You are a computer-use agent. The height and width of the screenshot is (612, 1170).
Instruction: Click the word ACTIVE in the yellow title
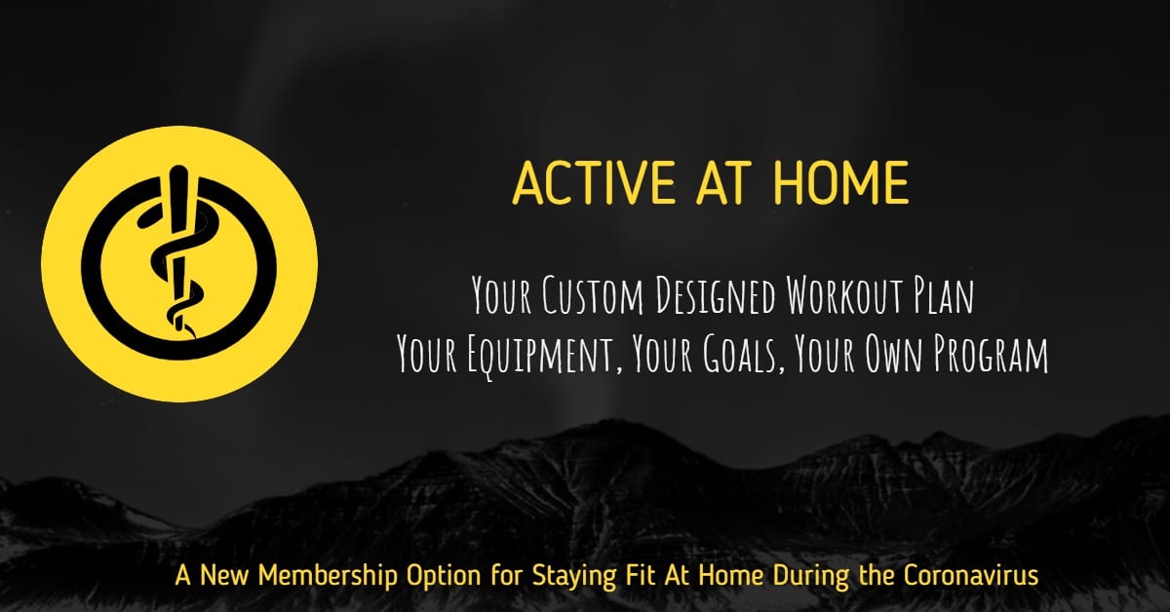click(x=594, y=183)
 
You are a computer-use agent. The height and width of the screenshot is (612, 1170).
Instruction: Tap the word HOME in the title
click(x=839, y=183)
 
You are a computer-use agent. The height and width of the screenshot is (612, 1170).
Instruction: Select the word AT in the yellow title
click(x=723, y=183)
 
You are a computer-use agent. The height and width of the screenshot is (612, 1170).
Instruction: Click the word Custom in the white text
click(x=593, y=295)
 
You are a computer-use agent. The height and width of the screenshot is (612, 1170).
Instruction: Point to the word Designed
click(x=716, y=296)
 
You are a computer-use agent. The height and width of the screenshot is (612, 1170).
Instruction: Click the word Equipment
click(x=545, y=355)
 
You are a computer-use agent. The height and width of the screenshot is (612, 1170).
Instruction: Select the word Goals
click(x=743, y=354)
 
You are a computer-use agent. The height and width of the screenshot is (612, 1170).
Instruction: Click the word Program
click(x=991, y=355)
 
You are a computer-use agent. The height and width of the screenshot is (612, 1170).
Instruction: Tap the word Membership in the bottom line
click(x=328, y=576)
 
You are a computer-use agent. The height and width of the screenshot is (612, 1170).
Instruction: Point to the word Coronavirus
click(x=971, y=575)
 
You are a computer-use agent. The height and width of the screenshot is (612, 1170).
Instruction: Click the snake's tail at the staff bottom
click(x=191, y=332)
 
